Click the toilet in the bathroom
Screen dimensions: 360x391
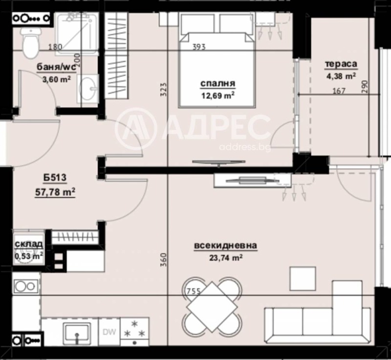(x=30, y=42)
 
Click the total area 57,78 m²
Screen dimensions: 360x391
(x=55, y=193)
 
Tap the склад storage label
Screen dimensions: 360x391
(x=28, y=244)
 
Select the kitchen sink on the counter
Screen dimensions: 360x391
(x=77, y=332)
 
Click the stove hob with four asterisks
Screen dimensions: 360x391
(x=133, y=330)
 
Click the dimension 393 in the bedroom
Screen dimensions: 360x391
(x=198, y=47)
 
